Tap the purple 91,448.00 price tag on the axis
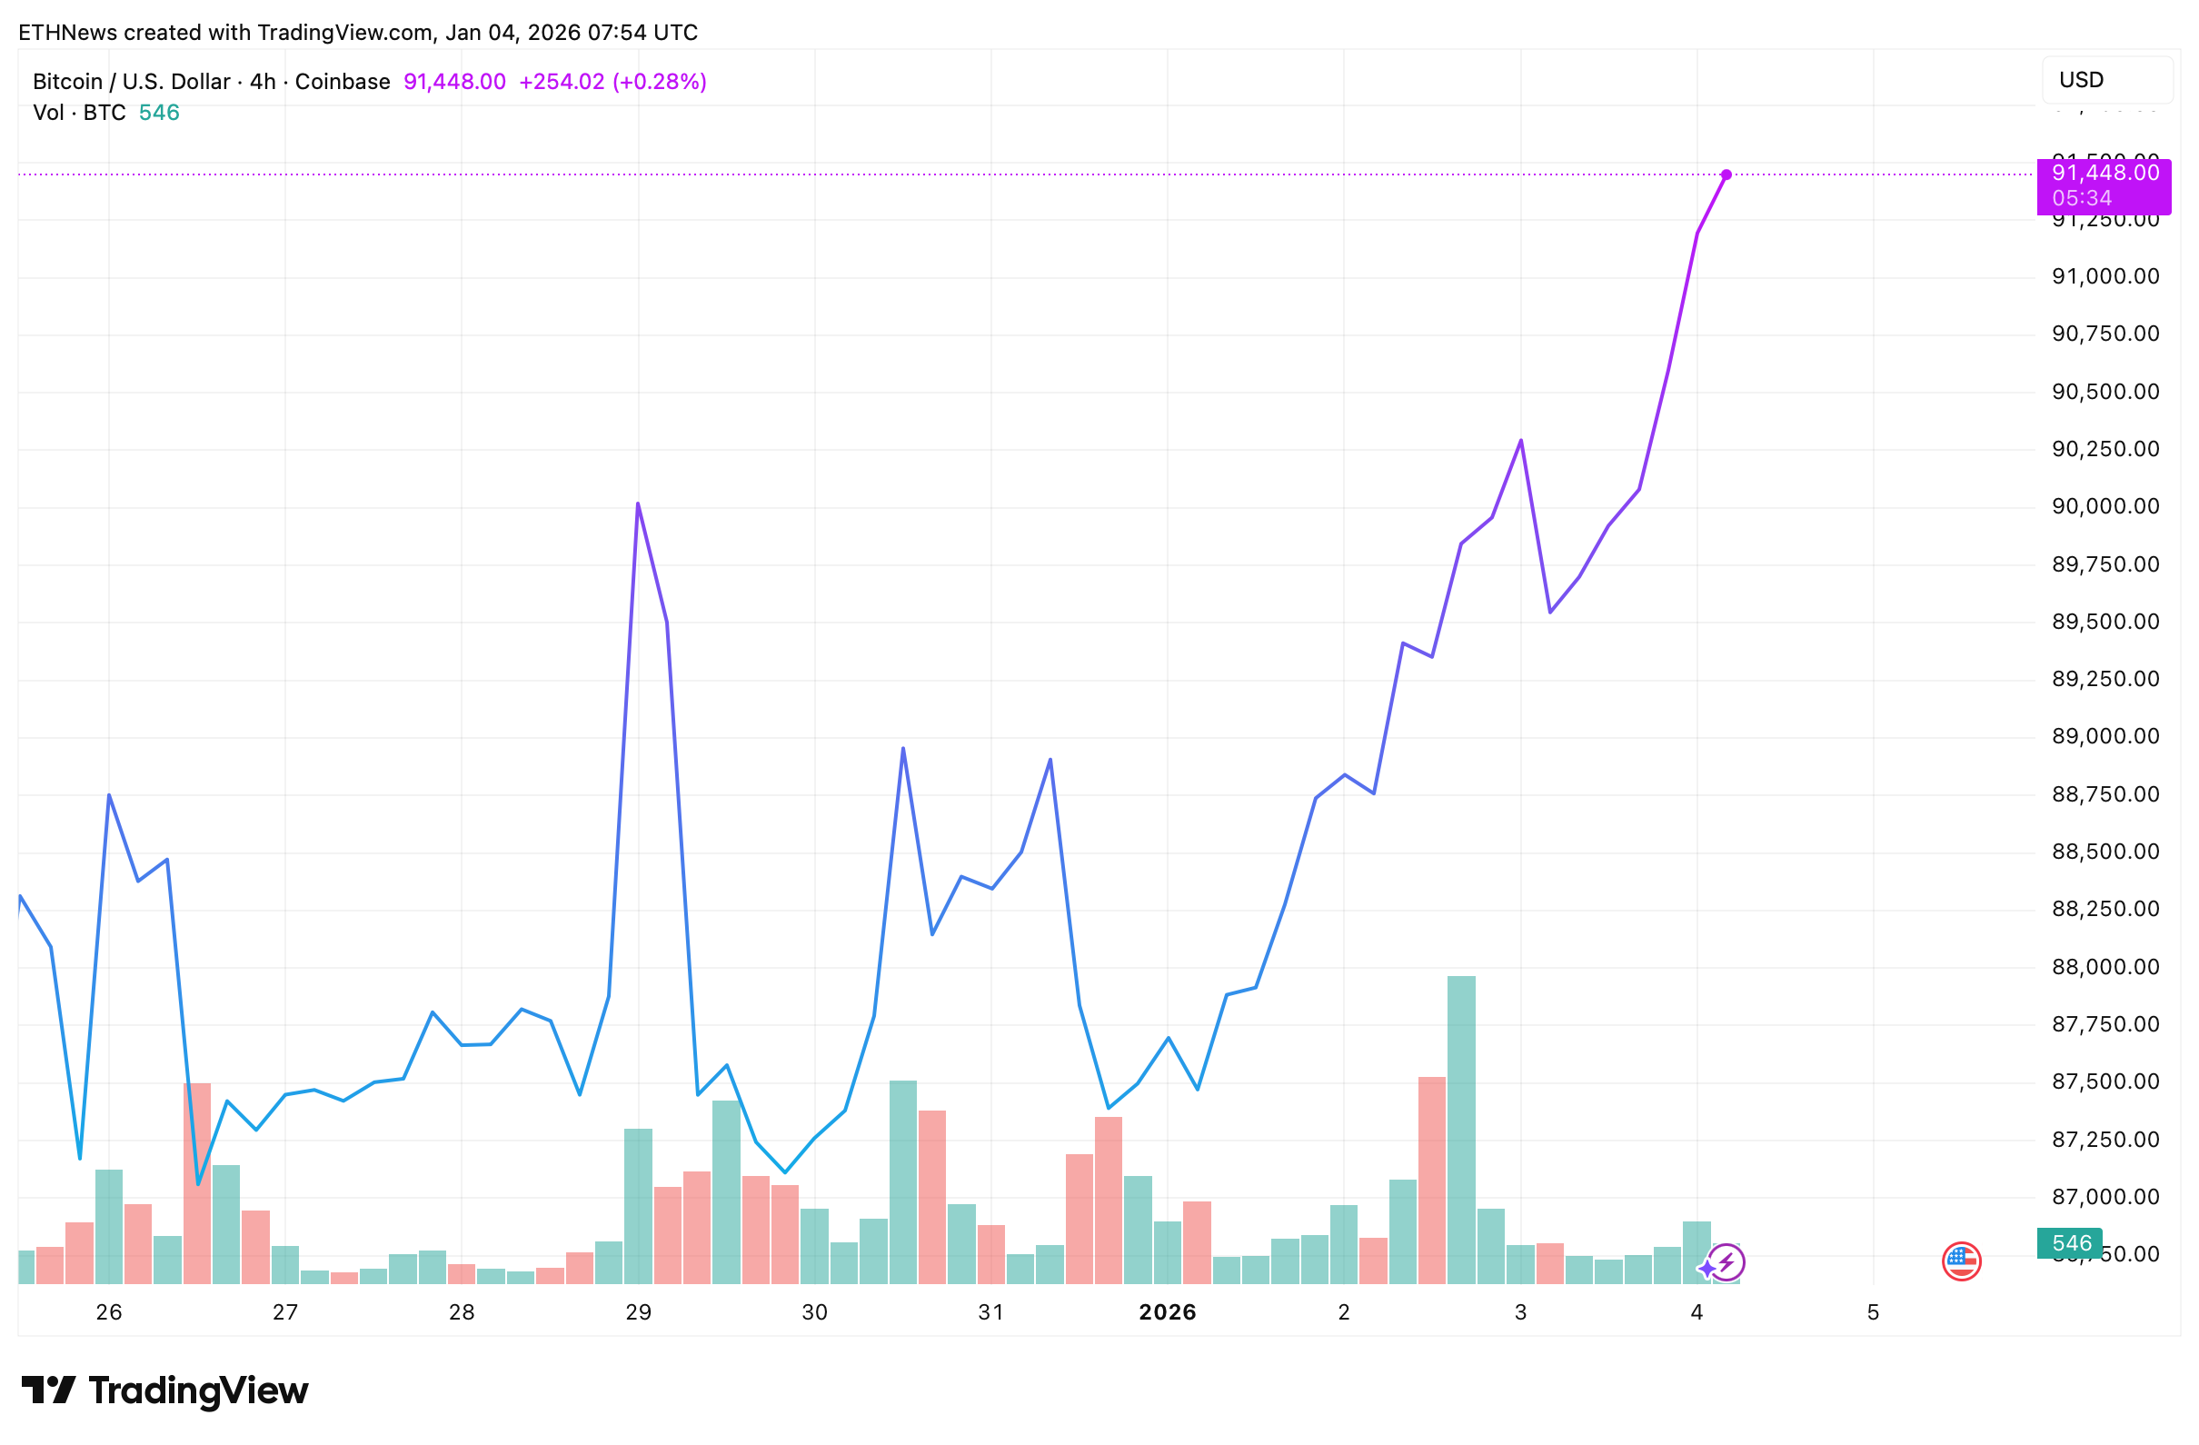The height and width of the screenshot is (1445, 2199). [2103, 184]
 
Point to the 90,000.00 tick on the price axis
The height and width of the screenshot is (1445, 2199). [2104, 506]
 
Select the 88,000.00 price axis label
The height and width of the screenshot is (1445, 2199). [2104, 966]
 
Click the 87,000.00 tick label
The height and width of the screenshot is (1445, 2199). [2104, 1197]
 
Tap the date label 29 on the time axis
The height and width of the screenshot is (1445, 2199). [638, 1312]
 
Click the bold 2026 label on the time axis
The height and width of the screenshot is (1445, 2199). [1167, 1312]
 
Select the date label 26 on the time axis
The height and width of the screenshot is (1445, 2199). [109, 1312]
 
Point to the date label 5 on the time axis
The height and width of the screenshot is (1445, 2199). [1873, 1312]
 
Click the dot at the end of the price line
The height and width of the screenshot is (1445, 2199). [1726, 174]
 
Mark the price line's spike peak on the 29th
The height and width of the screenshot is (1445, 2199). [638, 504]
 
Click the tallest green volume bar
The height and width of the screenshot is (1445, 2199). [1461, 1127]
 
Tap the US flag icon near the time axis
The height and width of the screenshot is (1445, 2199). [1961, 1261]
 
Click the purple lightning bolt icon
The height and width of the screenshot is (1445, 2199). [1726, 1261]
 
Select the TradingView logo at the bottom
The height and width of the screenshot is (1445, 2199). [164, 1390]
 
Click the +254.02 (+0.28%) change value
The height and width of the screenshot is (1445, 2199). [612, 81]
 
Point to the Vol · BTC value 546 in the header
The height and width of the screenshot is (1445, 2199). [159, 113]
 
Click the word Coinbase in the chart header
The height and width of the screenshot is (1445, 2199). [343, 81]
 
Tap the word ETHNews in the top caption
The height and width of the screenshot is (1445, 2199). [67, 33]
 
